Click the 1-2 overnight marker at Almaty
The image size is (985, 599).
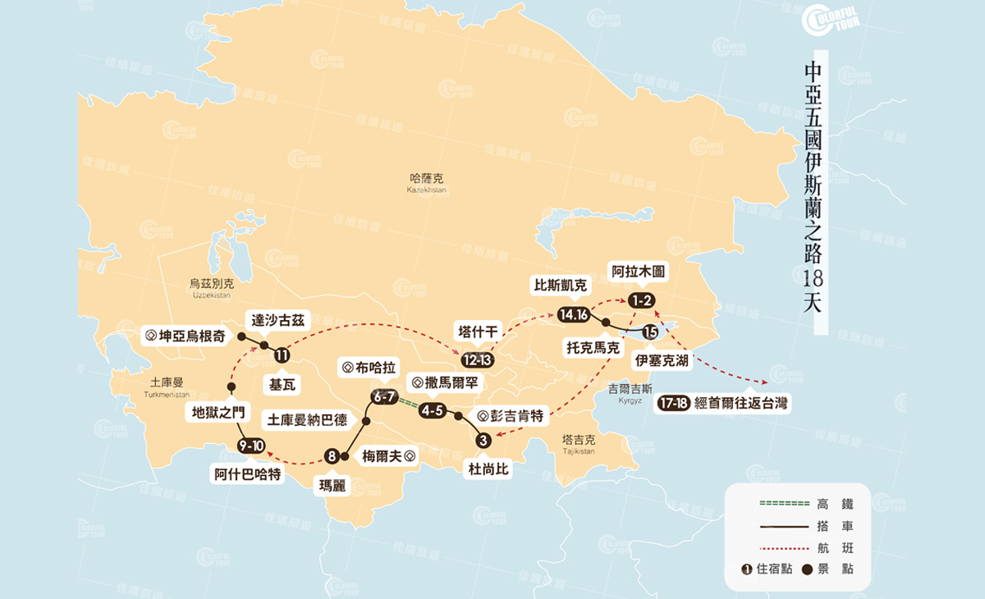(x=642, y=301)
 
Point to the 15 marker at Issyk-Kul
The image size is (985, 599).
(x=650, y=332)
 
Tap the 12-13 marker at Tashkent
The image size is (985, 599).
(x=477, y=360)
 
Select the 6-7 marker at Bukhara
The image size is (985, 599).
(x=384, y=397)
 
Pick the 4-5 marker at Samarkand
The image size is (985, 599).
(x=432, y=410)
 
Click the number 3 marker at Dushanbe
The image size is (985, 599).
(x=483, y=441)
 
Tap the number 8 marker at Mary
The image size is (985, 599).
(x=332, y=457)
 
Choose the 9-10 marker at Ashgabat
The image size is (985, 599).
(x=250, y=445)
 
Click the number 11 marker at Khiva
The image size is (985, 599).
(x=282, y=355)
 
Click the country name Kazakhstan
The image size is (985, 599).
(x=426, y=182)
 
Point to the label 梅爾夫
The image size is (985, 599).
(x=387, y=456)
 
